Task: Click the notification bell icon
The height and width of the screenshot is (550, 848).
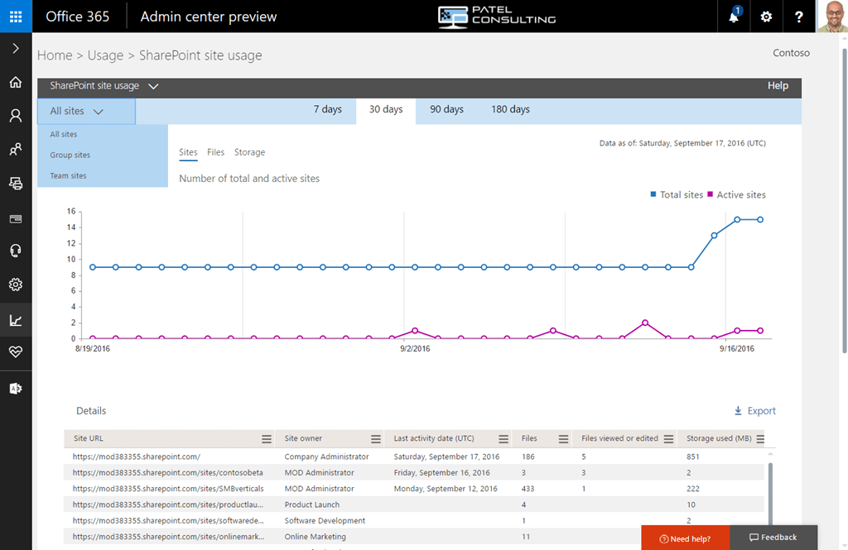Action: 734,17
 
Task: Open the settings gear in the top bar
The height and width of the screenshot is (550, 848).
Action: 766,17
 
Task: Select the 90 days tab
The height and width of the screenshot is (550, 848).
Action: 446,110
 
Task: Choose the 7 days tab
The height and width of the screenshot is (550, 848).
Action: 327,110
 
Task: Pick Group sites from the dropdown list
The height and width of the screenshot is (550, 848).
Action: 70,155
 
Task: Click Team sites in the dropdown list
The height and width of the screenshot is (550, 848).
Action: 68,176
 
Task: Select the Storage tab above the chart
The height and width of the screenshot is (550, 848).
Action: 249,152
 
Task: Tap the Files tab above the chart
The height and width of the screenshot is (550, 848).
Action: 215,152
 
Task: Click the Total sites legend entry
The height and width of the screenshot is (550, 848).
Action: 677,195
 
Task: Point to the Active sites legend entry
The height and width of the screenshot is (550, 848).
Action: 736,195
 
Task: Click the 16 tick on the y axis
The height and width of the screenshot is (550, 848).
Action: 72,211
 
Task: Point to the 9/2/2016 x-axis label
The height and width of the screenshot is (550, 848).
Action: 415,349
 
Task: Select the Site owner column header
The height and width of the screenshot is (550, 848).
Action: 304,438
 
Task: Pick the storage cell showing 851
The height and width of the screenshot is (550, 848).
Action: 693,457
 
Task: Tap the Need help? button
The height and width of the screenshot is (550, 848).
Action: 685,538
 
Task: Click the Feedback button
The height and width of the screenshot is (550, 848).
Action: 773,538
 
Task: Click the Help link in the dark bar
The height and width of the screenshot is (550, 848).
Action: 778,86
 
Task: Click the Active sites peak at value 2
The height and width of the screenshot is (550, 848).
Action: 645,323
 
